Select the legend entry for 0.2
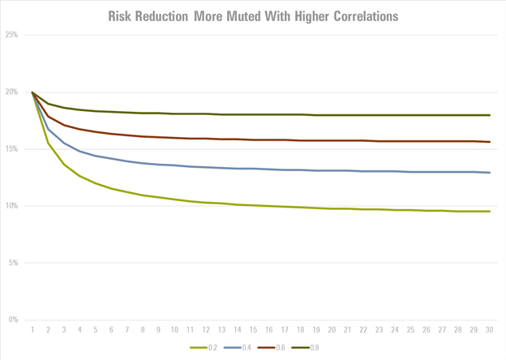pos(207,348)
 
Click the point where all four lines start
pos(32,92)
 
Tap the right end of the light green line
pos(490,212)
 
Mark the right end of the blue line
pos(490,173)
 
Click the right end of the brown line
pos(490,142)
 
